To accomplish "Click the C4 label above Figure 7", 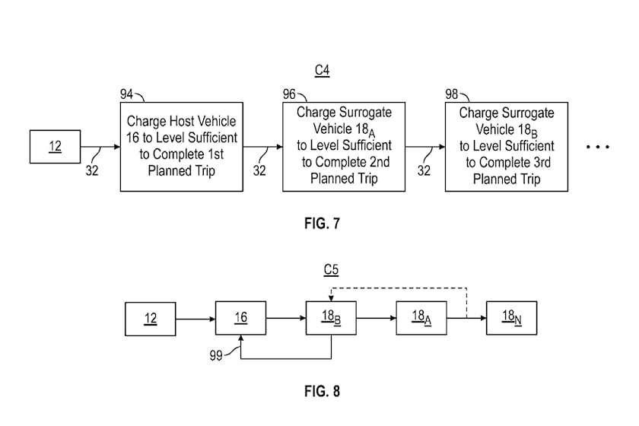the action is pos(322,70).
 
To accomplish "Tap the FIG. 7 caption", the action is pos(322,224).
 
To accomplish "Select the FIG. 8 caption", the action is pos(322,391).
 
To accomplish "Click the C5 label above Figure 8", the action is pos(331,269).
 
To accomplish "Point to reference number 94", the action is pos(126,94).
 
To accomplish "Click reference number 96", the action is pos(289,94).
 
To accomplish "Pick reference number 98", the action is pos(452,94).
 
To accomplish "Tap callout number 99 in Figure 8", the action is pos(216,355).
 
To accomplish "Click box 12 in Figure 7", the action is pos(55,147).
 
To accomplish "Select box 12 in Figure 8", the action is pos(151,319).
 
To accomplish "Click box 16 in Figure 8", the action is pos(241,318).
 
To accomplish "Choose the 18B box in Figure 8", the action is pos(331,318).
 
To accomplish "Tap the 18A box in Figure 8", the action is pos(421,318).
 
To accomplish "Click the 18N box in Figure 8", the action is pos(511,318).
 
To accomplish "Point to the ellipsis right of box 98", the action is pos(598,147).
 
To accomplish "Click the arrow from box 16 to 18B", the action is pos(286,318).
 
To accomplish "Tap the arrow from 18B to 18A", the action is pos(376,318).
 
